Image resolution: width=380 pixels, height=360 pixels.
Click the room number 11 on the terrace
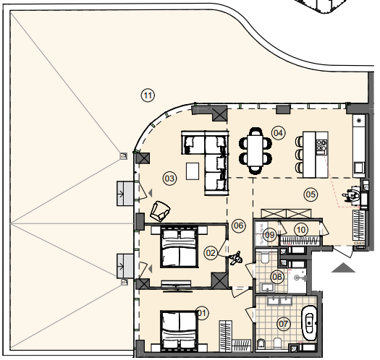pos(148,95)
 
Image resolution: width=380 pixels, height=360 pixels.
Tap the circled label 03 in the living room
pos(169,179)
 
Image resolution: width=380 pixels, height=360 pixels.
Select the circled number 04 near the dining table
pos(278,133)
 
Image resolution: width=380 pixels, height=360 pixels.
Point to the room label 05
pos(311,194)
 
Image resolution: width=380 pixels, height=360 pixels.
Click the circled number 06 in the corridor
pos(238,226)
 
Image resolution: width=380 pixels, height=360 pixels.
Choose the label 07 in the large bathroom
pos(283,324)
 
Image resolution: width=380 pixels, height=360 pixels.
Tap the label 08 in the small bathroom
pos(277,276)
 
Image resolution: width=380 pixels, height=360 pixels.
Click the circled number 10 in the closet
pos(301,230)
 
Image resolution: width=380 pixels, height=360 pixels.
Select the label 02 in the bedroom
pos(211,253)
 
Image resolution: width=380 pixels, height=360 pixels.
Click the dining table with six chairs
pos(256,151)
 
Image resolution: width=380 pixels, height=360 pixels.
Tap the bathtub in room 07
pos(309,323)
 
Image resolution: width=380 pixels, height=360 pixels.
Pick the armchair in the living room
pos(160,211)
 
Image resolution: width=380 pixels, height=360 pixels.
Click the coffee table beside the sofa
pos(193,171)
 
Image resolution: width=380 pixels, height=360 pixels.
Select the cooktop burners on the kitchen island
pos(321,147)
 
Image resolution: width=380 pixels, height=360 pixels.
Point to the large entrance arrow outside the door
pos(343,267)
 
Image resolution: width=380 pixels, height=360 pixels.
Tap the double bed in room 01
pos(179,330)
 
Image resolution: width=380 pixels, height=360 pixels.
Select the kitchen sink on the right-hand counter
pos(358,167)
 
